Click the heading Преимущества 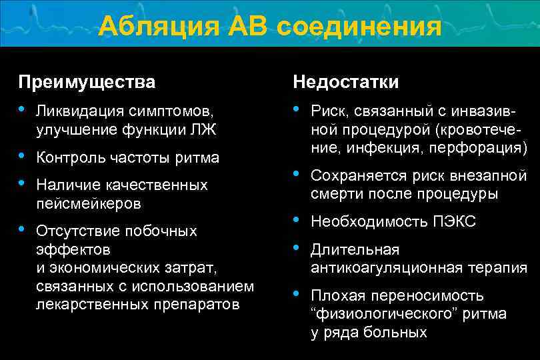(87, 82)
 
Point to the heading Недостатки (346, 82)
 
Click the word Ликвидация (77, 109)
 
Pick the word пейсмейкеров (89, 203)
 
